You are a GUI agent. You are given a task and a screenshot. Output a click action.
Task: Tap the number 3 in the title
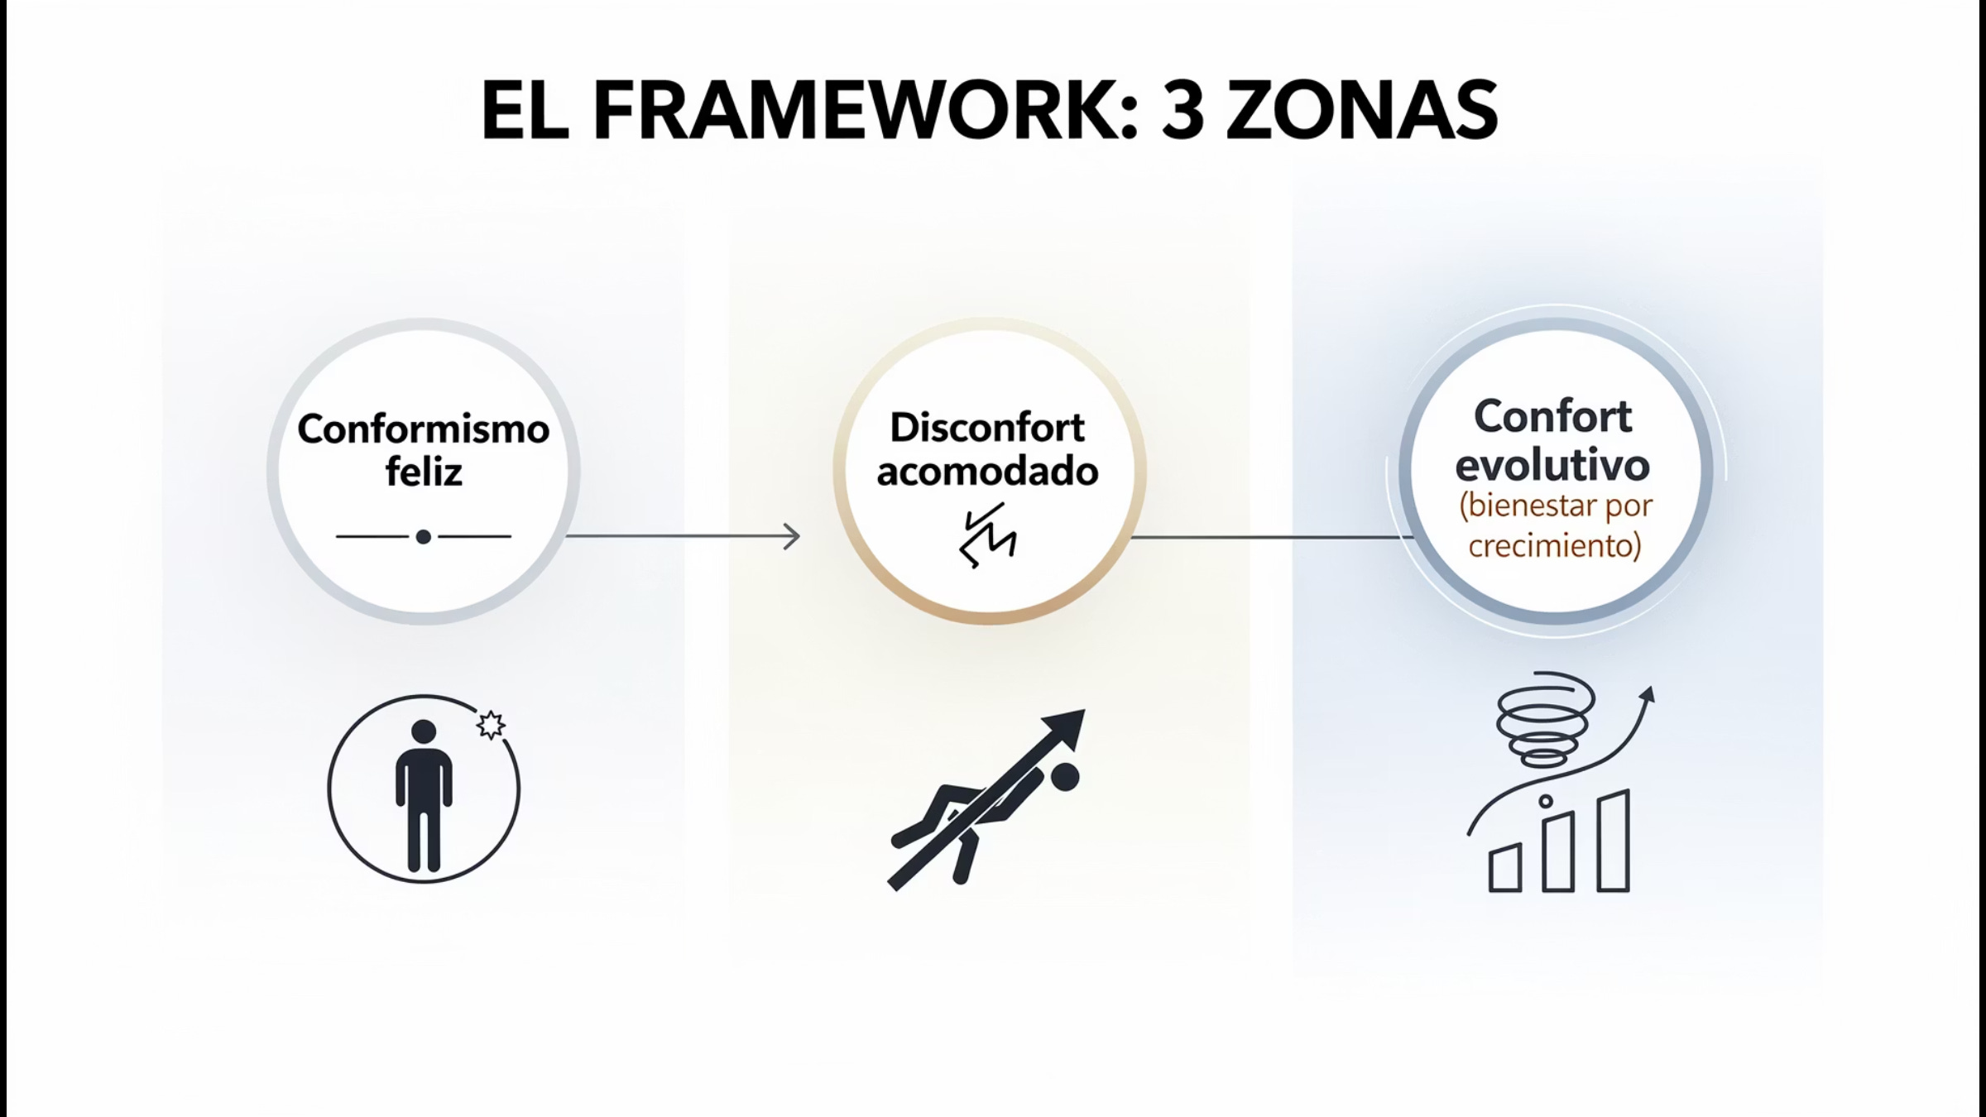point(1182,111)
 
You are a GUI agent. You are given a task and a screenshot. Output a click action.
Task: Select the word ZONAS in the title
point(1361,111)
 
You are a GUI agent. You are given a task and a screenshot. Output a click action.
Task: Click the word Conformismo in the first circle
point(423,429)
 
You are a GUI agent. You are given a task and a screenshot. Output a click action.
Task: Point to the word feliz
point(423,472)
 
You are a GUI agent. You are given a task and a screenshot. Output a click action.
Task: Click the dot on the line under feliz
point(424,537)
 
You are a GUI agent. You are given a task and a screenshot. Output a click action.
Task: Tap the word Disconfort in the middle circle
point(986,428)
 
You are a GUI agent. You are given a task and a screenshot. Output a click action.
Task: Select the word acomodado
point(987,472)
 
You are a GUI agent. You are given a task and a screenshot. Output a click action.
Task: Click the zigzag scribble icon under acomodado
point(987,535)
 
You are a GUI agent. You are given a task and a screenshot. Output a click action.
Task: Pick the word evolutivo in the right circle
point(1552,464)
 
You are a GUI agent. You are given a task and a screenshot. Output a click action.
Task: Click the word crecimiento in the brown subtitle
point(1554,546)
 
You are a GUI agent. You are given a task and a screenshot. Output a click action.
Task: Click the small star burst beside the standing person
point(491,725)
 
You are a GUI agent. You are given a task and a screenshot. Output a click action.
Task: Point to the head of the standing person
point(424,731)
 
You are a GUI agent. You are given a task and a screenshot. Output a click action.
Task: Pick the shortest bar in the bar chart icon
point(1505,869)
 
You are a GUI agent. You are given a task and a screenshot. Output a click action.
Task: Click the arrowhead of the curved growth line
point(1648,694)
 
